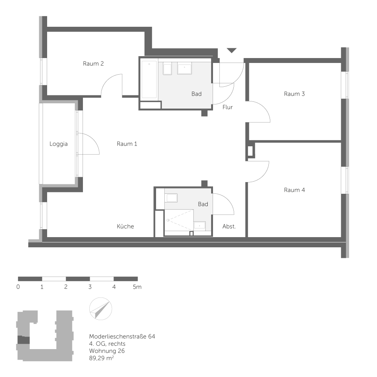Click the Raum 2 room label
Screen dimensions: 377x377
pos(93,64)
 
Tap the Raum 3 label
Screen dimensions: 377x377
pos(294,94)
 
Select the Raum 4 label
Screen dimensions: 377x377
pos(294,190)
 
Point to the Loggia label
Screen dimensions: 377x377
pos(58,144)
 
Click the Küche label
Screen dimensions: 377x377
pos(125,226)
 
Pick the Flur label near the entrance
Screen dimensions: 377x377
pos(227,107)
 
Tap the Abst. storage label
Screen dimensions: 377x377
pos(229,226)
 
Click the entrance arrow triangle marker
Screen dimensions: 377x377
pos(231,50)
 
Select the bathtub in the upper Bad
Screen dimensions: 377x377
pos(149,79)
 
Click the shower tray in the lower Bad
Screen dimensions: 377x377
pos(179,220)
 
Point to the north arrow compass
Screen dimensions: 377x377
pos(101,309)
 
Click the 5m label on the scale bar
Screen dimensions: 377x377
pos(137,287)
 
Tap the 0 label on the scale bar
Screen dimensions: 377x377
pos(18,287)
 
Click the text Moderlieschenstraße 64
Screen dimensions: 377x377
pos(122,336)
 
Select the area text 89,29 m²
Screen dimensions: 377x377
pos(101,358)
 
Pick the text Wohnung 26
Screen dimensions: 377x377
pos(107,351)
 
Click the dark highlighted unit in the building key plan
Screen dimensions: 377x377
pos(23,340)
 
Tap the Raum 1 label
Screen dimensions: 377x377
pos(127,144)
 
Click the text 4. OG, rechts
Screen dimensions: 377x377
pos(107,344)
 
